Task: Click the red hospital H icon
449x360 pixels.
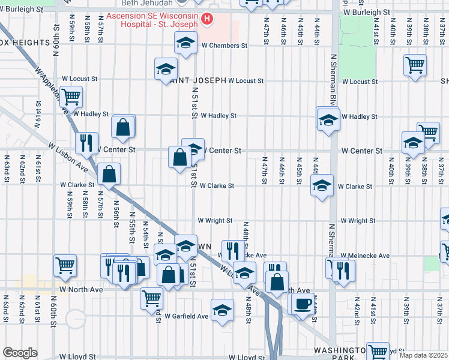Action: coord(207,19)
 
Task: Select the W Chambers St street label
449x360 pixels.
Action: coord(224,46)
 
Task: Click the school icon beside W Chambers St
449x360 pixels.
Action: coord(186,43)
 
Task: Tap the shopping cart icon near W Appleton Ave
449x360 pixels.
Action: coord(71,96)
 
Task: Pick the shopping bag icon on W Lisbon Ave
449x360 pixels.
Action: coord(109,174)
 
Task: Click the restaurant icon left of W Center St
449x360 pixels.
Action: coord(86,142)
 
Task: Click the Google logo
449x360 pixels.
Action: coord(20,353)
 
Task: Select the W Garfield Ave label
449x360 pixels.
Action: coord(187,316)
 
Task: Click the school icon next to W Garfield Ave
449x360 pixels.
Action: coord(223,310)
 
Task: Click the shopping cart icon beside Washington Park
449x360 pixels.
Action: coord(378,352)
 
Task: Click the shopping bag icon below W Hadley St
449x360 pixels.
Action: coord(123,127)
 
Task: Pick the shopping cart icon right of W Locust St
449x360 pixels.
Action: coord(415,65)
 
